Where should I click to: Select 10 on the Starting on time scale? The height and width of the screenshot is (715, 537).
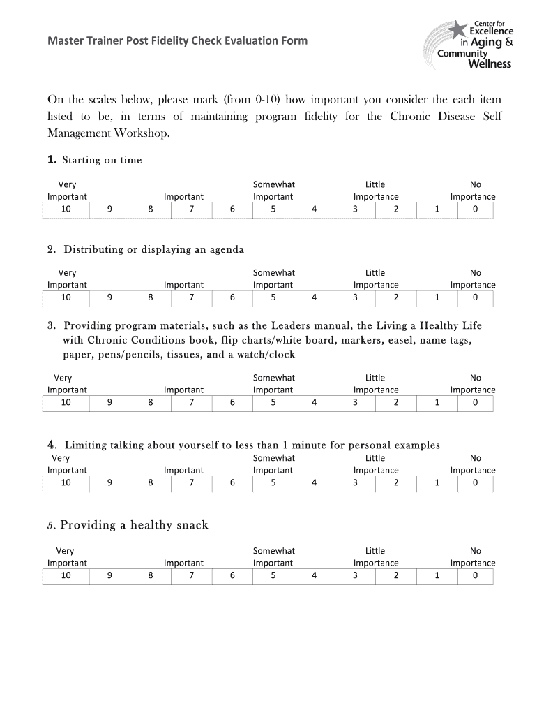(x=66, y=209)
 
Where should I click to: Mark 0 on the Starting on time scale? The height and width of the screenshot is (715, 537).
(x=475, y=209)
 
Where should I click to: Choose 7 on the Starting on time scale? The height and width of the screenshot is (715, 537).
(x=191, y=209)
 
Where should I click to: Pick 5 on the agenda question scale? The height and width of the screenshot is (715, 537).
(x=273, y=297)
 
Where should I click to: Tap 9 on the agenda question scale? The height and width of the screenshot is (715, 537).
(x=109, y=297)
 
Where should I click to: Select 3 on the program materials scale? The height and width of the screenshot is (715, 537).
(x=355, y=402)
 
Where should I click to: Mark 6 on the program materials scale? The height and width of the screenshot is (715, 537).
(x=232, y=402)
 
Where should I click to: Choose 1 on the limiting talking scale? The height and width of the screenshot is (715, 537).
(x=437, y=482)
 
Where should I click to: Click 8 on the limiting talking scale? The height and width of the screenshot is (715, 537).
(x=150, y=482)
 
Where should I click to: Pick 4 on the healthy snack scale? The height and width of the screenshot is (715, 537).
(x=314, y=575)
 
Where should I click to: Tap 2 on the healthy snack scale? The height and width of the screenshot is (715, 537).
(x=395, y=575)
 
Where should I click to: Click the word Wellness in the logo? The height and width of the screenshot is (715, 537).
(x=489, y=64)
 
